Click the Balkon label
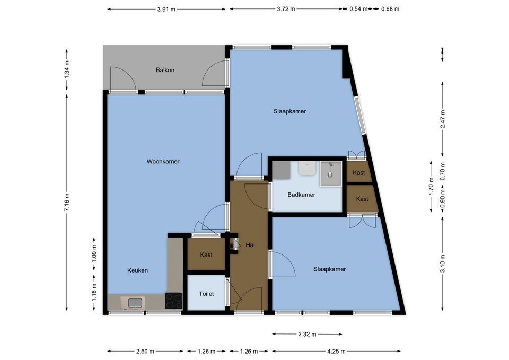pos(165,70)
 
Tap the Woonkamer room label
pos(163,161)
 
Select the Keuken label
pos(138,270)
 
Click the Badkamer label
pos(302,195)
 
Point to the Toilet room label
pos(206,294)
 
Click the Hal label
pos(250,245)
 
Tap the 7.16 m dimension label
pos(67,202)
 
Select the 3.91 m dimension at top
pos(166,10)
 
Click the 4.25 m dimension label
pos(336,351)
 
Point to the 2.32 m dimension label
pos(307,334)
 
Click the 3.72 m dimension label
pos(286,9)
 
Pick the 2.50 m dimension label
pos(145,351)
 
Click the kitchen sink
pos(133,303)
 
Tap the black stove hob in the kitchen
pos(174,301)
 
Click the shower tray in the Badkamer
pos(331,174)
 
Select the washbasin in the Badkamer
pos(307,169)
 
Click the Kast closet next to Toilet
pos(206,254)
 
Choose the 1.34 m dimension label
pos(67,69)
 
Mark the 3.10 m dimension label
pos(442,264)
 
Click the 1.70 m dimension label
pos(431,186)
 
